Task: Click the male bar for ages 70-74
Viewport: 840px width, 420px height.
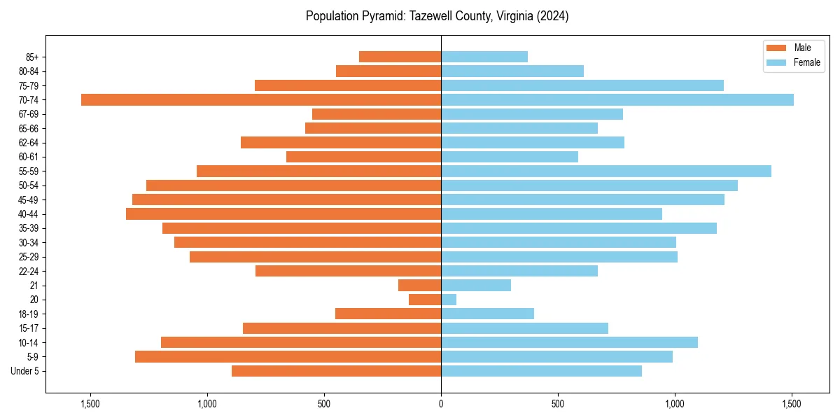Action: point(261,99)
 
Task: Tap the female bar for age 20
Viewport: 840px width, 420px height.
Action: point(449,300)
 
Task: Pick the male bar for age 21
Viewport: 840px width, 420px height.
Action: point(420,285)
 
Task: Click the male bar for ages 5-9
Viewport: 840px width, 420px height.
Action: point(288,356)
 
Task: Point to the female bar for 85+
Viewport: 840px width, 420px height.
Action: point(484,57)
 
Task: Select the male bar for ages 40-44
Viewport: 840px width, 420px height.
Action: point(283,213)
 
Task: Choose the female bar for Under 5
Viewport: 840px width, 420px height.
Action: point(541,371)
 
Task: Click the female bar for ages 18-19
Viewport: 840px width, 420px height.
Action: point(487,314)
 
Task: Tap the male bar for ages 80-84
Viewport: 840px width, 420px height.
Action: point(388,71)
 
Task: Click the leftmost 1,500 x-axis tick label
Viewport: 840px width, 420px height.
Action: point(90,404)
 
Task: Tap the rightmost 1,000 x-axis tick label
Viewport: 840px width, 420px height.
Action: point(675,404)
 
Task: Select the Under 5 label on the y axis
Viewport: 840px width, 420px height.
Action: point(25,371)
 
